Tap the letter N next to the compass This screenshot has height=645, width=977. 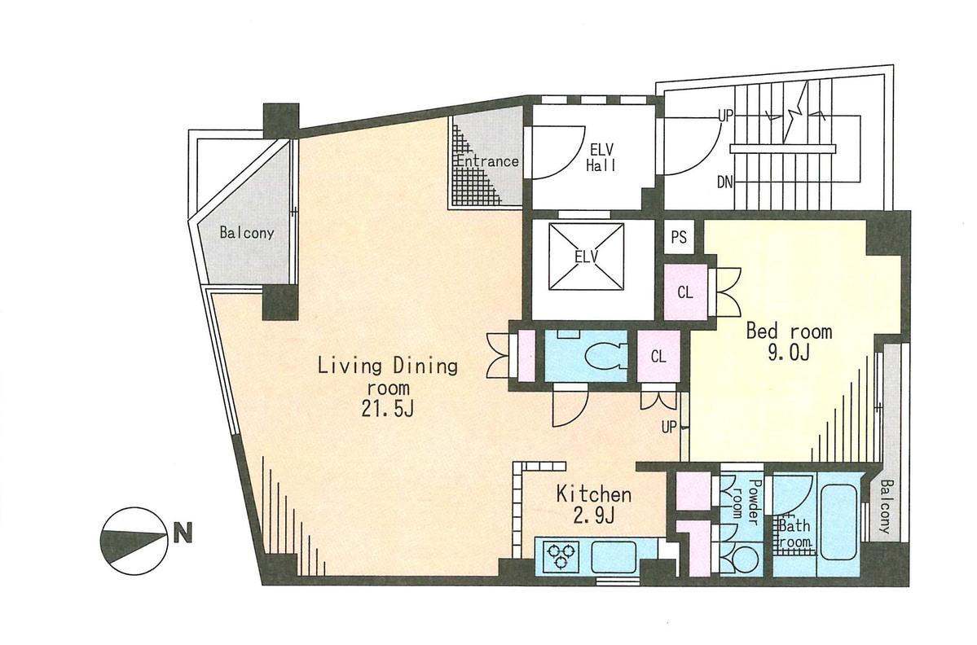click(183, 533)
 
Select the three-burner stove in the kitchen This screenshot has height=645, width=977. click(560, 556)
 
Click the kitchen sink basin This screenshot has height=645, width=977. click(613, 555)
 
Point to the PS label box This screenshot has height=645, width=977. click(679, 237)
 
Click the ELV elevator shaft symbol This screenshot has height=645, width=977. click(587, 256)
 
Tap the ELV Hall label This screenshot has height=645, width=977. click(601, 157)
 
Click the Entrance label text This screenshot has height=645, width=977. click(488, 161)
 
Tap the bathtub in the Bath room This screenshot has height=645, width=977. click(838, 520)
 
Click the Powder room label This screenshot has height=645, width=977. click(746, 503)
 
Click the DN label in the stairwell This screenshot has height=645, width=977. click(724, 182)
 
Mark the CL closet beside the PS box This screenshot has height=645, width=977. click(685, 292)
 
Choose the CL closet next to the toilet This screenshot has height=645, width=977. click(658, 356)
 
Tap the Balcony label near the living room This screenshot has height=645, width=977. click(247, 233)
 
